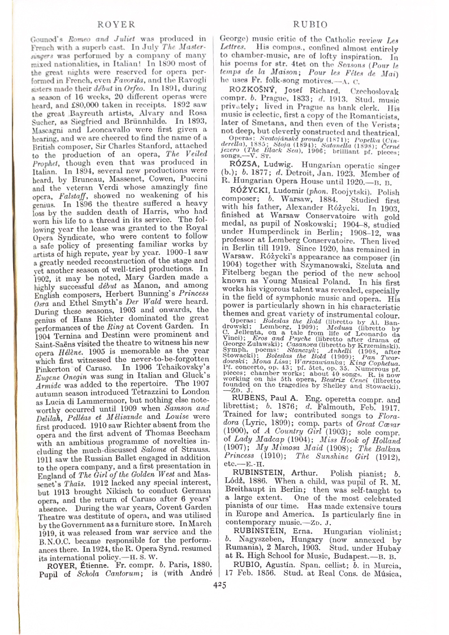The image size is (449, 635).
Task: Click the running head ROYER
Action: pyautogui.click(x=116, y=24)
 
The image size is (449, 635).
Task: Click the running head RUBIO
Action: pyautogui.click(x=310, y=24)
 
